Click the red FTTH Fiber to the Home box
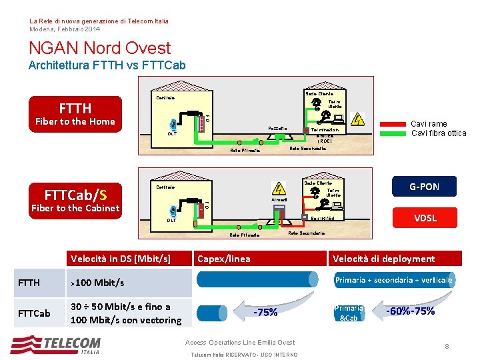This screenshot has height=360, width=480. click(75, 114)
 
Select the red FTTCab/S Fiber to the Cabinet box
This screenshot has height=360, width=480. click(75, 201)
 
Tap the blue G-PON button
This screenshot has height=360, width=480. click(425, 187)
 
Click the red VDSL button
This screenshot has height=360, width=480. click(425, 218)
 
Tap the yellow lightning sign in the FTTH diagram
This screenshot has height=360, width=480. click(358, 119)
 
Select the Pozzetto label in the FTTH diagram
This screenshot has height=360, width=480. click(277, 128)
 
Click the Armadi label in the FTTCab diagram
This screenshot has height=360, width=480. click(279, 199)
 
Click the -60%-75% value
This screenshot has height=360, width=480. click(411, 311)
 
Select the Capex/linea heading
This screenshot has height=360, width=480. click(224, 259)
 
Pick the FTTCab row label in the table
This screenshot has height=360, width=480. click(33, 313)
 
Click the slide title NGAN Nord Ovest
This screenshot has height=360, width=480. click(100, 48)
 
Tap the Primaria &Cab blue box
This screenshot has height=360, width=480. click(349, 313)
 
